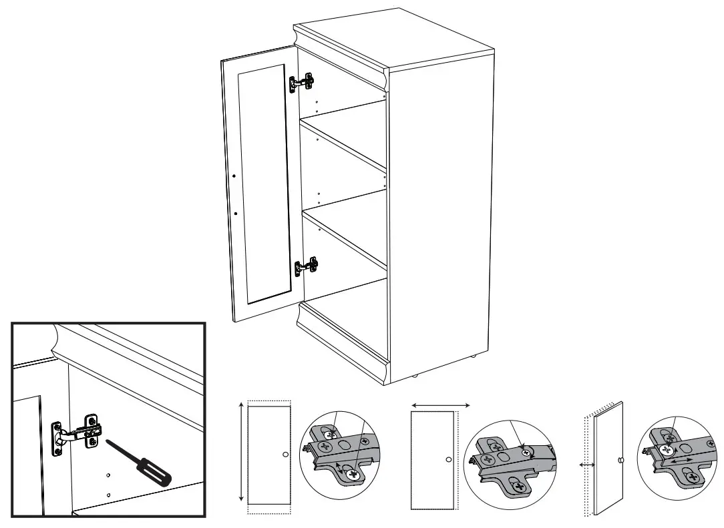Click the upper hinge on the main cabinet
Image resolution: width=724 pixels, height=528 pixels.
[x=302, y=83]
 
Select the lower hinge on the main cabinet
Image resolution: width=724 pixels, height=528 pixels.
[x=307, y=266]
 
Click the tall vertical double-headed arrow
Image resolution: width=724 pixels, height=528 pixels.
[x=240, y=453]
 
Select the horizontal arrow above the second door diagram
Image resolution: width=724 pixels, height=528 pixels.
[x=441, y=405]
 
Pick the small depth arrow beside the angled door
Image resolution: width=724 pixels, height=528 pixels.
[x=586, y=463]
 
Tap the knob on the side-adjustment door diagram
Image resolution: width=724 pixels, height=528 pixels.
[x=447, y=460]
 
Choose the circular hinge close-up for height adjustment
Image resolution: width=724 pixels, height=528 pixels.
[x=339, y=451]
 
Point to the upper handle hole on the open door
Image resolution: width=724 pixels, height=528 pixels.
[x=234, y=176]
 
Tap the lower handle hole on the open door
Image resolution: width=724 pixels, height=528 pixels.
[x=236, y=214]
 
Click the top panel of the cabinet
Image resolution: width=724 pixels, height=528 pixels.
[x=394, y=40]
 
